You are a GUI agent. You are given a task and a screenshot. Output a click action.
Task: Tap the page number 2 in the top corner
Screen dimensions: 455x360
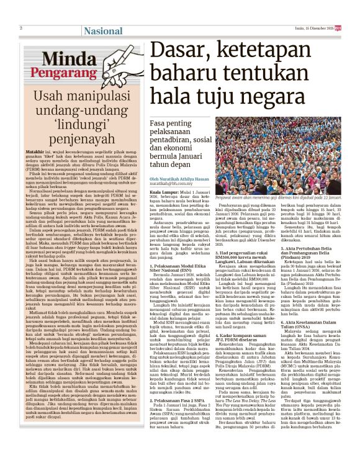(x=22, y=29)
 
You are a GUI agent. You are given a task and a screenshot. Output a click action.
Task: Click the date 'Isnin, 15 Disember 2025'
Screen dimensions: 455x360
(x=322, y=29)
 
